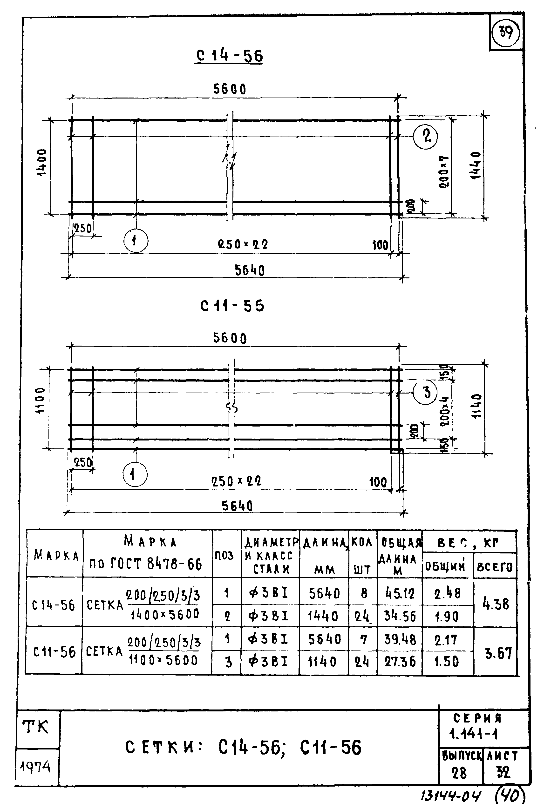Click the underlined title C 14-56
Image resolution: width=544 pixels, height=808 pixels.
(229, 56)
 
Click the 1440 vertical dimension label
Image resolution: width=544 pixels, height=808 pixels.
(476, 165)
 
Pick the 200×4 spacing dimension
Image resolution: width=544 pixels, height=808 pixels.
(445, 411)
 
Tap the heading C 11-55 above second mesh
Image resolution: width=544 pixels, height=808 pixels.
(232, 306)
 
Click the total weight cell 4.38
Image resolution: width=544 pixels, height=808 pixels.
(496, 604)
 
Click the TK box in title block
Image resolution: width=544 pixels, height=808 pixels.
(35, 727)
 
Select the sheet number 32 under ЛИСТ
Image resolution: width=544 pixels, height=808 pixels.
(503, 772)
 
